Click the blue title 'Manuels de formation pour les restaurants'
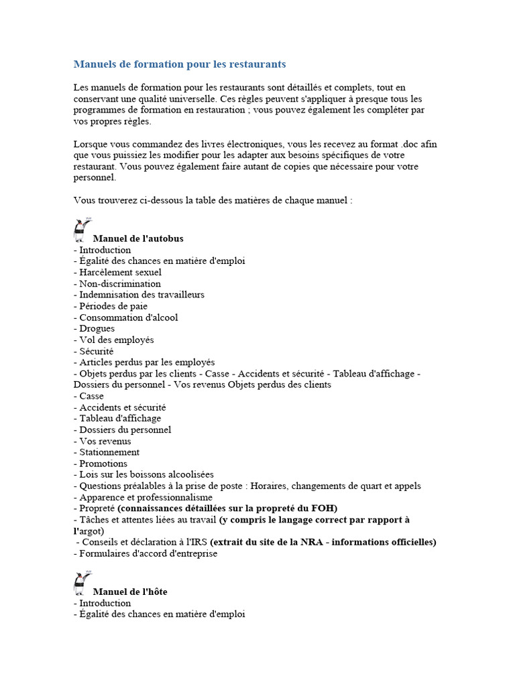pos(179,64)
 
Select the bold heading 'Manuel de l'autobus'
pos(137,238)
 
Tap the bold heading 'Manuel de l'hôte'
pos(130,592)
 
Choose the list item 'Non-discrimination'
pos(120,283)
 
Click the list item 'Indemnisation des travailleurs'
pos(141,295)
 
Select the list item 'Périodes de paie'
pos(113,306)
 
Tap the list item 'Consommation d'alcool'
pos(129,318)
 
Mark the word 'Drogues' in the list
pos(97,328)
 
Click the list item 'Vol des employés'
pos(117,340)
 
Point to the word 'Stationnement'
pos(109,452)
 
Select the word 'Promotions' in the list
pos(103,464)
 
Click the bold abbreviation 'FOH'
pos(325,508)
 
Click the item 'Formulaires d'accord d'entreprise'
pos(148,553)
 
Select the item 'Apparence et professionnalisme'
pos(146,497)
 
